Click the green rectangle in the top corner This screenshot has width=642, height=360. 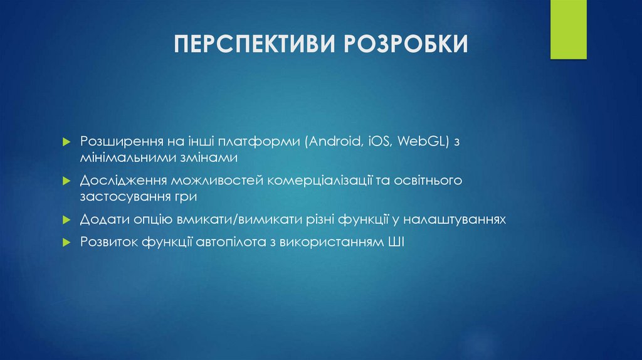[x=568, y=29]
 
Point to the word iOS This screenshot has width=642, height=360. [x=378, y=142]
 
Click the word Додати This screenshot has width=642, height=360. [x=102, y=220]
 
